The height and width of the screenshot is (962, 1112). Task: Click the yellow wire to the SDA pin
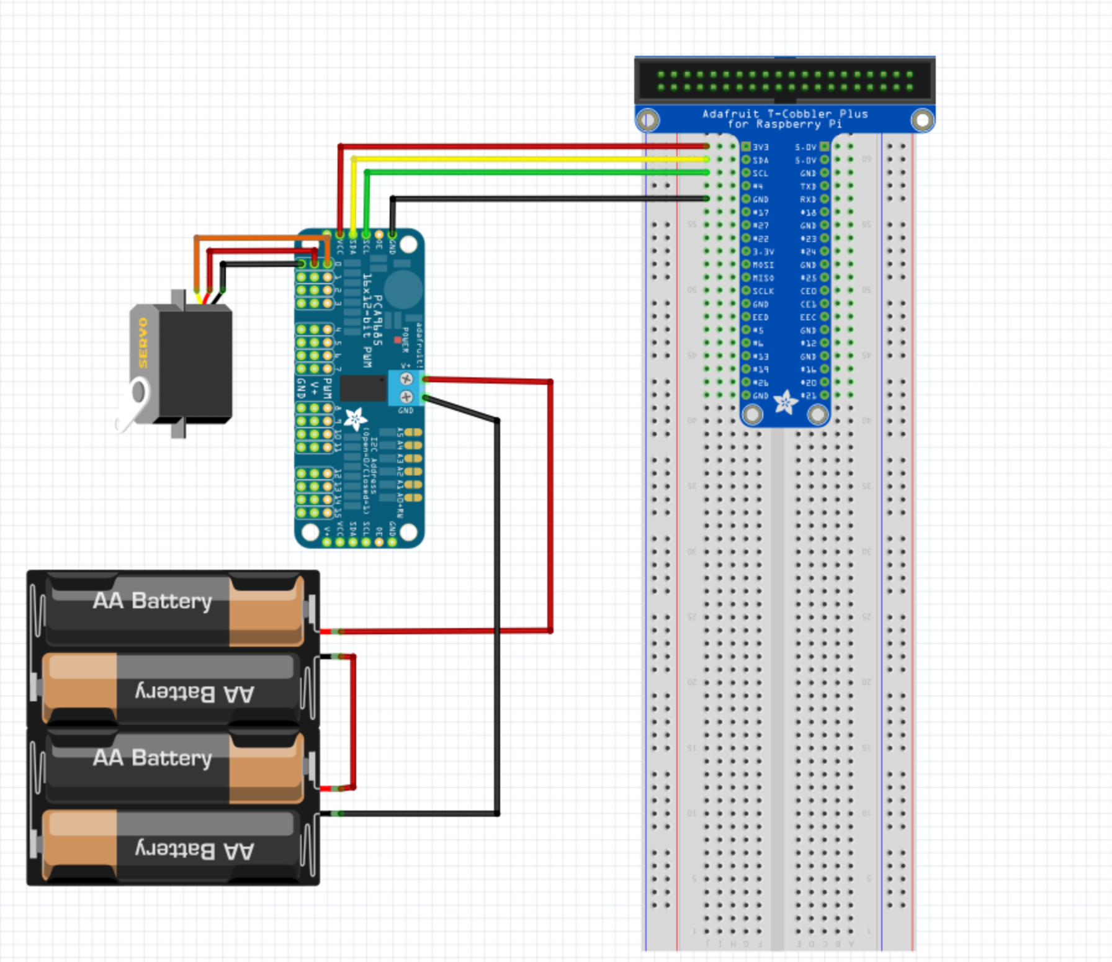coord(527,160)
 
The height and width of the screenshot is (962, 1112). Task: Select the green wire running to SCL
coord(534,173)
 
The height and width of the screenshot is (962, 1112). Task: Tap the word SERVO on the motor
coord(143,343)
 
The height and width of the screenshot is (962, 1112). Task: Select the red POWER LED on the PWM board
coord(397,339)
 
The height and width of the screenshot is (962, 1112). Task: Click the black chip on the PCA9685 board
coord(363,388)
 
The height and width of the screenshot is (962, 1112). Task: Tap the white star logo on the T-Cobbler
coord(785,403)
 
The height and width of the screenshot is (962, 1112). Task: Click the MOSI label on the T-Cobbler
coord(763,265)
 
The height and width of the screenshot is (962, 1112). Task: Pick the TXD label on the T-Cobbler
coord(808,186)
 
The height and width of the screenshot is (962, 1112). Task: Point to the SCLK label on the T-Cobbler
coord(763,291)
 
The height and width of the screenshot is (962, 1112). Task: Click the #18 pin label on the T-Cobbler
coord(808,212)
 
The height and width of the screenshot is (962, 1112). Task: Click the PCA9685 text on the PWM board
coord(377,320)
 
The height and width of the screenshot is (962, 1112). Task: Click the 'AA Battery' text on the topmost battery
coord(153,601)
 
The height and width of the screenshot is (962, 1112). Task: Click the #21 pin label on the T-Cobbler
coord(808,395)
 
